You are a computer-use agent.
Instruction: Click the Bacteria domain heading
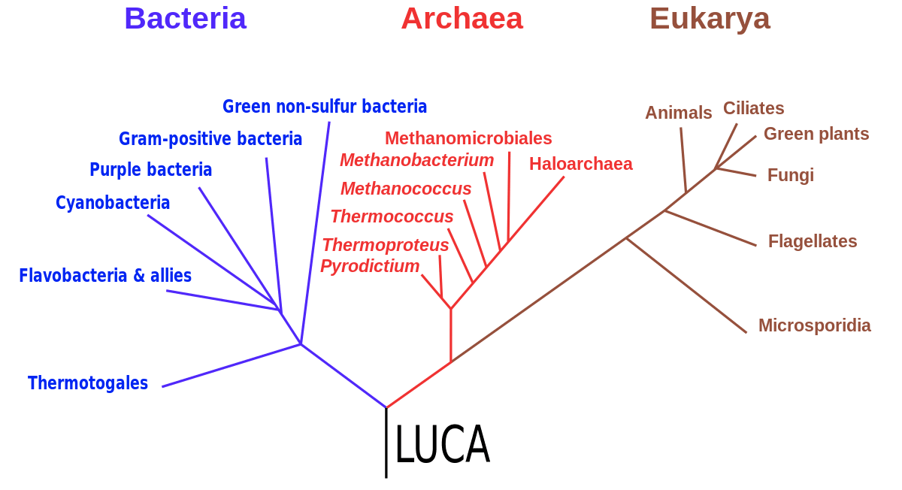[185, 19]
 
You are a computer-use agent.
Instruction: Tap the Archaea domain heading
[462, 19]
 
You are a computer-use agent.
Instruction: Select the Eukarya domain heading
[710, 20]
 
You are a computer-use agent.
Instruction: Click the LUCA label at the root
[443, 444]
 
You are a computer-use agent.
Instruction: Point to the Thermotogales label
[88, 383]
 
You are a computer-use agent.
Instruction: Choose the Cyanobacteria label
[113, 202]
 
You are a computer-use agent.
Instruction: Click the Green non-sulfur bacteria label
[325, 107]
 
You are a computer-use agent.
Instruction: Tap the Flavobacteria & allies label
[105, 276]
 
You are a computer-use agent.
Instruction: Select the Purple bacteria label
[150, 170]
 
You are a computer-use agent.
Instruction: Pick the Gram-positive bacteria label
[210, 139]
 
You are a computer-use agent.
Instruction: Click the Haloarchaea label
[580, 164]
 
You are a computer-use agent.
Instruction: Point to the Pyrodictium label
[370, 266]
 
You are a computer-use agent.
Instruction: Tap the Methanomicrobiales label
[468, 138]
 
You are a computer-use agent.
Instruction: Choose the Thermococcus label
[392, 216]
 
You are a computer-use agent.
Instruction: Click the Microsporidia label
[815, 325]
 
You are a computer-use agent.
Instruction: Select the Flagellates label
[813, 241]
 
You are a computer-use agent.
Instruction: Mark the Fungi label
[791, 176]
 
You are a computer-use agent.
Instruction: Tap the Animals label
[679, 113]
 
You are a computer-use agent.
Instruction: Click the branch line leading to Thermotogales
[232, 365]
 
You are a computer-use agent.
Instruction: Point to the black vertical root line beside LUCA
[386, 443]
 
